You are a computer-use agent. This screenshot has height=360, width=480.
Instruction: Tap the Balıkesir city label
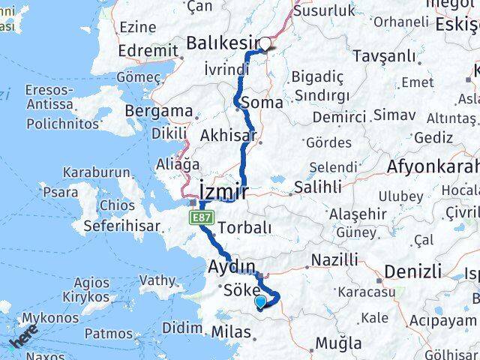pyautogui.click(x=222, y=43)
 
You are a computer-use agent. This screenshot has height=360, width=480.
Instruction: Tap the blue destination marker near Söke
pyautogui.click(x=260, y=302)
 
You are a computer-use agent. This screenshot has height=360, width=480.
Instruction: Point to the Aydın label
pyautogui.click(x=232, y=266)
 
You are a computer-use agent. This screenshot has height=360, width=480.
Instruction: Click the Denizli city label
pyautogui.click(x=413, y=271)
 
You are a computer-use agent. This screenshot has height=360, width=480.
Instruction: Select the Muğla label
pyautogui.click(x=338, y=343)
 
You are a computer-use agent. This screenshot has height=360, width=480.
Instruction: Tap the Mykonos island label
pyautogui.click(x=50, y=318)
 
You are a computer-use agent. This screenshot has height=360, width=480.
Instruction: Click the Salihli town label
pyautogui.click(x=318, y=187)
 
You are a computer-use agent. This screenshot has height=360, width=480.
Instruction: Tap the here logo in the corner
pyautogui.click(x=23, y=340)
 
